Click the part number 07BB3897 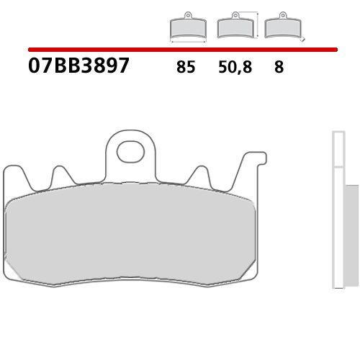click(x=79, y=66)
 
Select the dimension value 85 click(x=185, y=68)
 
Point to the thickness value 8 click(x=278, y=68)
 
